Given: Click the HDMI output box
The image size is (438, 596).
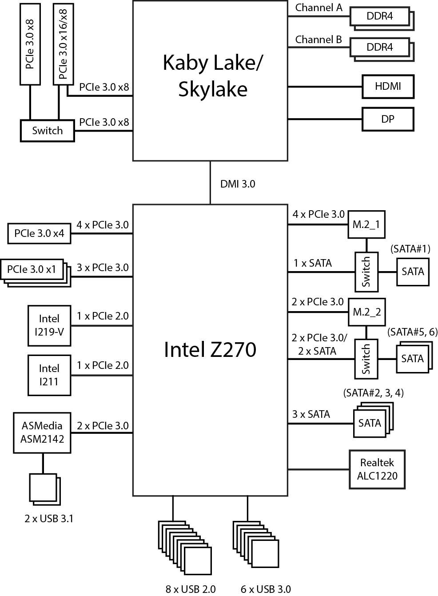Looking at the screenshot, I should point(388,87).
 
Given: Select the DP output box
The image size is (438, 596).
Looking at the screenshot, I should point(388,119).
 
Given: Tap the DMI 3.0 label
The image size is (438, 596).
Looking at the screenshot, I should point(238,184).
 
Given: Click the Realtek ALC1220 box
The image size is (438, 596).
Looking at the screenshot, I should point(377,469).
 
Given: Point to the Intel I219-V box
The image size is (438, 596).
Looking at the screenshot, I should point(49,325).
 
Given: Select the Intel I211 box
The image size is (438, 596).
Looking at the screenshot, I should point(49,375).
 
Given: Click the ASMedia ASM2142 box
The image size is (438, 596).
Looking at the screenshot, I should point(43,432).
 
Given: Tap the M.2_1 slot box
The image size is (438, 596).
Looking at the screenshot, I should point(366,224).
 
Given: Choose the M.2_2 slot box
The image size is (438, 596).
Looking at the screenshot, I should point(366,312).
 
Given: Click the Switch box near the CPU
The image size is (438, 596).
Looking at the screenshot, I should point(47,131).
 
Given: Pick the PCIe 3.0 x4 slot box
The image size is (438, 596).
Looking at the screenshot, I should point(39,233).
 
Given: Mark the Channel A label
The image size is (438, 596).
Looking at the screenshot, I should point(319,8).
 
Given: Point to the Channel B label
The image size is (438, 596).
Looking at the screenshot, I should point(319,40).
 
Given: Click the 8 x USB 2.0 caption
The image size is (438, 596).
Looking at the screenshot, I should point(191,589).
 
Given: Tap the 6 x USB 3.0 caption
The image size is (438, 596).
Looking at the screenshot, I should point(266,589).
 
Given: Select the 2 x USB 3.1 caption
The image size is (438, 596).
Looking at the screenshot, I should point(49,518).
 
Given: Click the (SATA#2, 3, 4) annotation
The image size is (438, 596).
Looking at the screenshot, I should point(373,393).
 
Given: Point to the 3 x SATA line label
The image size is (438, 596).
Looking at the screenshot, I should point(311,414).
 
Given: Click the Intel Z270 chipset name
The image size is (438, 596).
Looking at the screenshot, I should point(210,349).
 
